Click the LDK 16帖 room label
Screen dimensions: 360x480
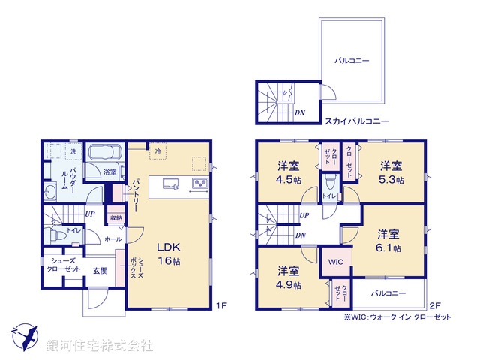click(x=169, y=253)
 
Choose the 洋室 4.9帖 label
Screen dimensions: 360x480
click(x=289, y=277)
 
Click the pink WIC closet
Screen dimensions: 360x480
click(x=334, y=262)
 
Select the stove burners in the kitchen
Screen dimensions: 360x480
click(x=200, y=184)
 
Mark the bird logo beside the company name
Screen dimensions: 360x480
click(x=25, y=336)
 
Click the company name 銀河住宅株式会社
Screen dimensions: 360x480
click(x=99, y=346)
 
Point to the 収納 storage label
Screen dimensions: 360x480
click(x=115, y=218)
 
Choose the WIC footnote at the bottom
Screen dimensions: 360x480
click(x=397, y=317)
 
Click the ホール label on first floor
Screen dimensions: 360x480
click(x=112, y=238)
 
